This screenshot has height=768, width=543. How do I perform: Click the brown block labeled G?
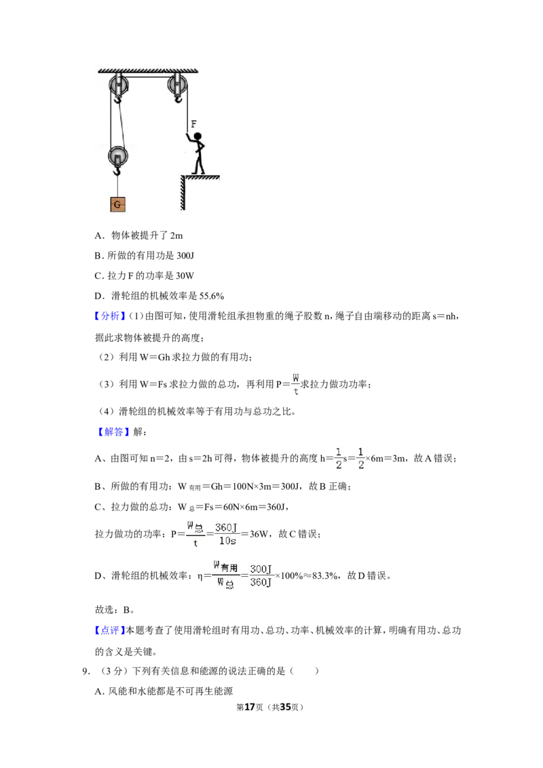coord(117,204)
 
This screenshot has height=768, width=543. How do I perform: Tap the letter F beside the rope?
coord(193,124)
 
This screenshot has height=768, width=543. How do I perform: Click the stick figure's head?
coord(197,136)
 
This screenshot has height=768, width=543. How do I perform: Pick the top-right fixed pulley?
coord(177,85)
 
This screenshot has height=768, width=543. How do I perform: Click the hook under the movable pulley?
coord(117,171)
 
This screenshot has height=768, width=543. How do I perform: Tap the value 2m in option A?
coord(176,235)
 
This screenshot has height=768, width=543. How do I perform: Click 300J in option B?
coord(185,256)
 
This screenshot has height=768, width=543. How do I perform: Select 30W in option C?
coord(185,275)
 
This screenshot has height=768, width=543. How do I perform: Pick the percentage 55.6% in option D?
coord(212,296)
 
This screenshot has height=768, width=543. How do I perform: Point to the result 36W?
coord(259,534)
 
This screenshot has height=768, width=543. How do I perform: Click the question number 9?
coord(86,671)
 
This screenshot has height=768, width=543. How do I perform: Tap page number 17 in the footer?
coord(250,707)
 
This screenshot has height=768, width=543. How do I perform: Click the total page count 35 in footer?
coord(284,707)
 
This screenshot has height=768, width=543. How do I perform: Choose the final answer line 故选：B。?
coord(115,610)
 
